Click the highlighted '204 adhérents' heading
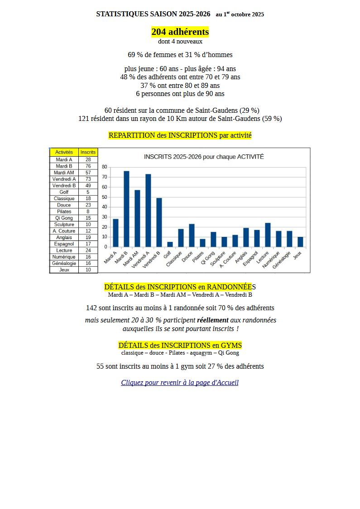pyautogui.click(x=180, y=32)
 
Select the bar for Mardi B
pyautogui.click(x=126, y=209)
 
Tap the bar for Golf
pyautogui.click(x=170, y=245)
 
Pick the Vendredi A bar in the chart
pyautogui.click(x=148, y=211)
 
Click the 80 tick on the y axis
pyautogui.click(x=105, y=167)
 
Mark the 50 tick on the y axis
pyautogui.click(x=105, y=197)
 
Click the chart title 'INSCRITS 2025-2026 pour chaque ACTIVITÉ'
pyautogui.click(x=204, y=157)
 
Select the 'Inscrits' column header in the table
pyautogui.click(x=88, y=152)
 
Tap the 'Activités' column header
pyautogui.click(x=64, y=152)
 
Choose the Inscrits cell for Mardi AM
pyautogui.click(x=88, y=173)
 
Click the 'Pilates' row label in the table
pyautogui.click(x=64, y=211)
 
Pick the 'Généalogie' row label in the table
pyautogui.click(x=64, y=263)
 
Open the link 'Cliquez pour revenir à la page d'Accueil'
pyautogui.click(x=180, y=383)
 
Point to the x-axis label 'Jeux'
pyautogui.click(x=298, y=255)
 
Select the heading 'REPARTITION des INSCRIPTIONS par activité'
pyautogui.click(x=180, y=135)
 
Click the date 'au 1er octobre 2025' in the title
pyautogui.click(x=240, y=14)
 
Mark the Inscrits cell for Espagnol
pyautogui.click(x=88, y=244)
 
